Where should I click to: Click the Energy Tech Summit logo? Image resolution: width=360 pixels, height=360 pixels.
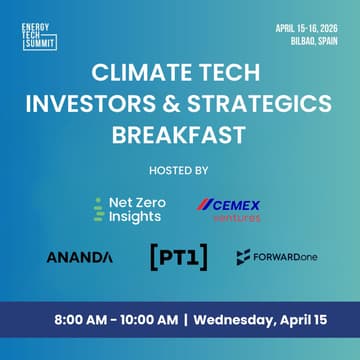[x=41, y=32]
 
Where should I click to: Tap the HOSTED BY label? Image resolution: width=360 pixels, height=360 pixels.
[x=180, y=170]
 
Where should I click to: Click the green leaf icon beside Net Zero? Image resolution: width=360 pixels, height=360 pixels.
[x=98, y=209]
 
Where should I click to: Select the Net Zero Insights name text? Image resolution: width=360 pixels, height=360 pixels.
[x=139, y=209]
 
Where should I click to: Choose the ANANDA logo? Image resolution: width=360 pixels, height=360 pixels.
[x=79, y=258]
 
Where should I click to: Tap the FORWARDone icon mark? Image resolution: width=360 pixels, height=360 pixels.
[x=243, y=258]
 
